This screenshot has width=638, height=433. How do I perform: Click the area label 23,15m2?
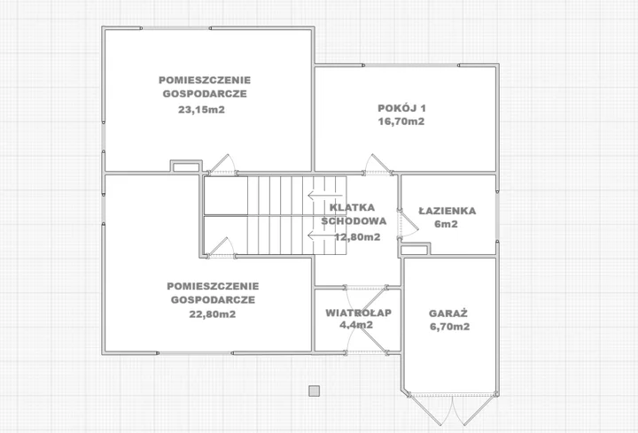pyautogui.click(x=201, y=110)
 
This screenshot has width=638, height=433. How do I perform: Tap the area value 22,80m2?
pyautogui.click(x=213, y=314)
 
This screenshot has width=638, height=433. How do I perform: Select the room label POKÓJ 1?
pyautogui.click(x=401, y=108)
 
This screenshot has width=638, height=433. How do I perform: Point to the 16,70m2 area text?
pyautogui.click(x=401, y=121)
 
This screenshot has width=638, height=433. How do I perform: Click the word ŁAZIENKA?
pyautogui.click(x=447, y=211)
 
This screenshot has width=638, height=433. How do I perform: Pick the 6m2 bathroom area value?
pyautogui.click(x=447, y=224)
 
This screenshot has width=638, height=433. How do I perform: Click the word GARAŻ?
pyautogui.click(x=448, y=313)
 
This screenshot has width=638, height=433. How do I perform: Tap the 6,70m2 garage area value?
pyautogui.click(x=449, y=327)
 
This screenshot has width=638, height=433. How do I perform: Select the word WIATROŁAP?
pyautogui.click(x=359, y=313)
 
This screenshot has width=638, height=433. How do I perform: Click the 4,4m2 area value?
pyautogui.click(x=356, y=325)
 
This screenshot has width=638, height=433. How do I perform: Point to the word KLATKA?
pyautogui.click(x=352, y=207)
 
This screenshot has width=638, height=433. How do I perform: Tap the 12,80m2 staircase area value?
pyautogui.click(x=357, y=237)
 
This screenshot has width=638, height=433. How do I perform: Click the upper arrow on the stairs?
pyautogui.click(x=319, y=195)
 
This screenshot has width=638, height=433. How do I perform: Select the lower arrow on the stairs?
pyautogui.click(x=319, y=235)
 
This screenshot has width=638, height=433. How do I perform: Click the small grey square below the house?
pyautogui.click(x=314, y=391)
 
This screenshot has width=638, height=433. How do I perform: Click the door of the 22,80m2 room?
pyautogui.click(x=222, y=246)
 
